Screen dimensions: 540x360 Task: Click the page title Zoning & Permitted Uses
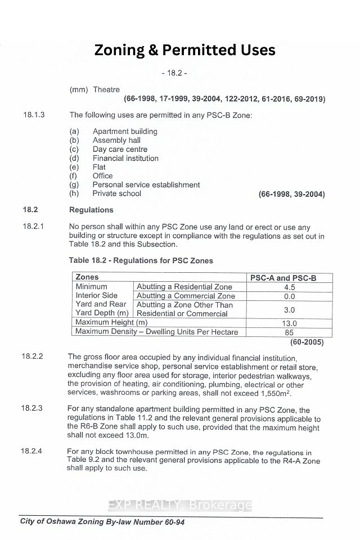(184, 50)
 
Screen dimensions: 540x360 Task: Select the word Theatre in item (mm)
(106, 89)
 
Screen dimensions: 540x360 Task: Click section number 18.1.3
(34, 115)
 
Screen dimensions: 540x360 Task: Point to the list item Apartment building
(125, 131)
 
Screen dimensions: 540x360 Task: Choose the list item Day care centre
(120, 149)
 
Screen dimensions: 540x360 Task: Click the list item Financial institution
(125, 158)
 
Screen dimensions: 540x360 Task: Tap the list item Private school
(117, 193)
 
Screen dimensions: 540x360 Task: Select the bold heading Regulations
(91, 210)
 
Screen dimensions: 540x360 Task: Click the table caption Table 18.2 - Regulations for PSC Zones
(141, 260)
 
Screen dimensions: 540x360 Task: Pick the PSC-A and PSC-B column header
(290, 277)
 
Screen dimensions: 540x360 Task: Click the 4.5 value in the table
(290, 286)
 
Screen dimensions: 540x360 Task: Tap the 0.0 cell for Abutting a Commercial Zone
(290, 296)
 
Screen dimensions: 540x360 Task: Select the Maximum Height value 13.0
(290, 323)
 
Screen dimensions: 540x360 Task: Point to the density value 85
(290, 332)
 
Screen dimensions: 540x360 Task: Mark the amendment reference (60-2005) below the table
(307, 342)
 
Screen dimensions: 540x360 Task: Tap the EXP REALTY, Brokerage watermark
(180, 505)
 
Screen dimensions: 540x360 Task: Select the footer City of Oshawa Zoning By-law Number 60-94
(102, 523)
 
